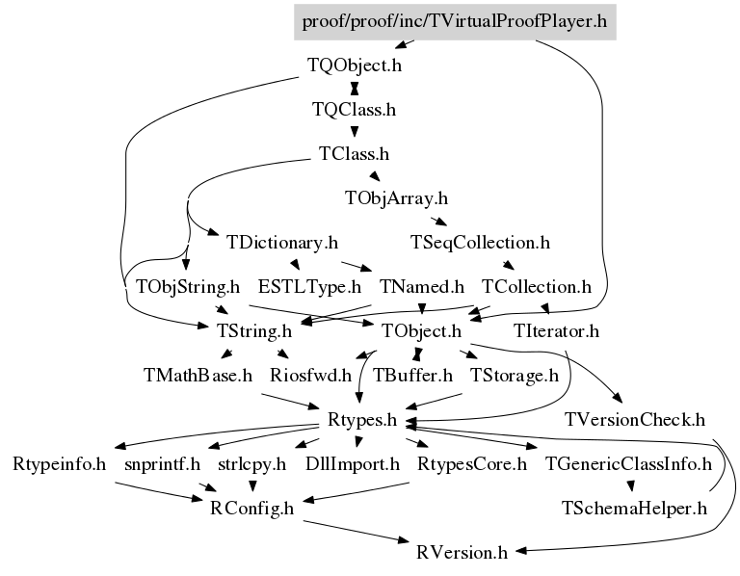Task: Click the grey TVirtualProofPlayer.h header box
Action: tap(454, 20)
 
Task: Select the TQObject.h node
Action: tap(354, 67)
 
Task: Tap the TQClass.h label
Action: tap(354, 110)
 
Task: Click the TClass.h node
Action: tap(354, 153)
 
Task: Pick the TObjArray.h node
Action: tap(396, 198)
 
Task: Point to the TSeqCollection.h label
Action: tap(479, 242)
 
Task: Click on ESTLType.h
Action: tap(309, 286)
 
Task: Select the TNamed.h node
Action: tap(422, 286)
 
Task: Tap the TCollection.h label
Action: tap(536, 286)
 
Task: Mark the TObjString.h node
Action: tap(187, 286)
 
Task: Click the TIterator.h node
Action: tap(557, 331)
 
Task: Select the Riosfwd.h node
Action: tap(308, 375)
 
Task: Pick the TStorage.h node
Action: tap(514, 375)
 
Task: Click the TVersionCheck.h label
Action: tap(636, 419)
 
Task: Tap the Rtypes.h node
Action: tap(362, 419)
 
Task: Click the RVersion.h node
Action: tap(462, 552)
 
